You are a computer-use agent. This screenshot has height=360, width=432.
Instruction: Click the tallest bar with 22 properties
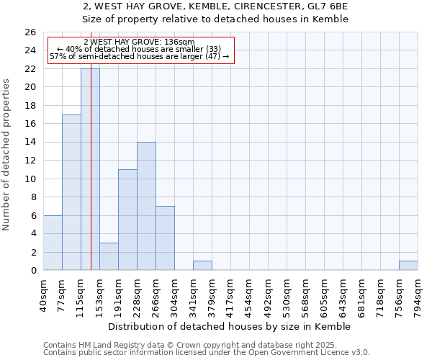click(90, 169)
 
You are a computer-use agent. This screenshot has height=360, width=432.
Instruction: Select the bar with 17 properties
click(71, 192)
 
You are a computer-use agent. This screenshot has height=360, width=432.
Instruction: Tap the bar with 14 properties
click(146, 206)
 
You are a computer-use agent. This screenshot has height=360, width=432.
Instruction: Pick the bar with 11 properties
click(127, 220)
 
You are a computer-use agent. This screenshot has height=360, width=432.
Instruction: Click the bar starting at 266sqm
click(165, 238)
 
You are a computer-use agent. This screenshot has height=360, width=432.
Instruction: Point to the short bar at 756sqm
click(408, 266)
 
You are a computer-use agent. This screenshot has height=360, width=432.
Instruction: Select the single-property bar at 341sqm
click(202, 266)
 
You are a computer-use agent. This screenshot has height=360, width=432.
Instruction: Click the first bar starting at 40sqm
click(53, 243)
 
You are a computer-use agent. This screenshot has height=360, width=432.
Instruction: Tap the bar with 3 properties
click(109, 256)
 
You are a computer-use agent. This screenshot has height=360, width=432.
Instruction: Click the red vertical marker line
click(91, 180)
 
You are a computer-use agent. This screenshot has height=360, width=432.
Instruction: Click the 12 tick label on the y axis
click(30, 161)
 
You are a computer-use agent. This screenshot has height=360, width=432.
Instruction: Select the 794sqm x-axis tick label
click(418, 293)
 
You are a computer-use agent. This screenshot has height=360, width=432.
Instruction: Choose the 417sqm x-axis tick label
click(231, 293)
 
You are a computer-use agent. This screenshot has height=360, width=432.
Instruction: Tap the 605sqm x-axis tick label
click(325, 293)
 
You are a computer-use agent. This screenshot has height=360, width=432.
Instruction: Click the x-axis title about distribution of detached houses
click(230, 326)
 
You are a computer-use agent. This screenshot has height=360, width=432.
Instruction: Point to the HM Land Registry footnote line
click(185, 345)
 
